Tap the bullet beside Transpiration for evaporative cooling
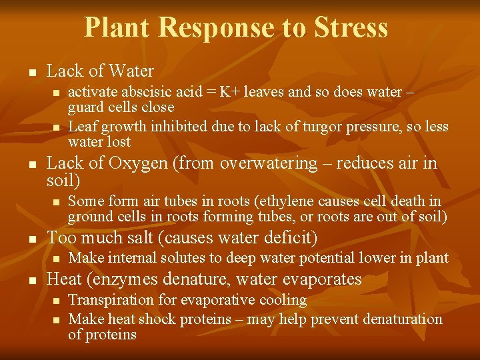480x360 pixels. tap(56, 301)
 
